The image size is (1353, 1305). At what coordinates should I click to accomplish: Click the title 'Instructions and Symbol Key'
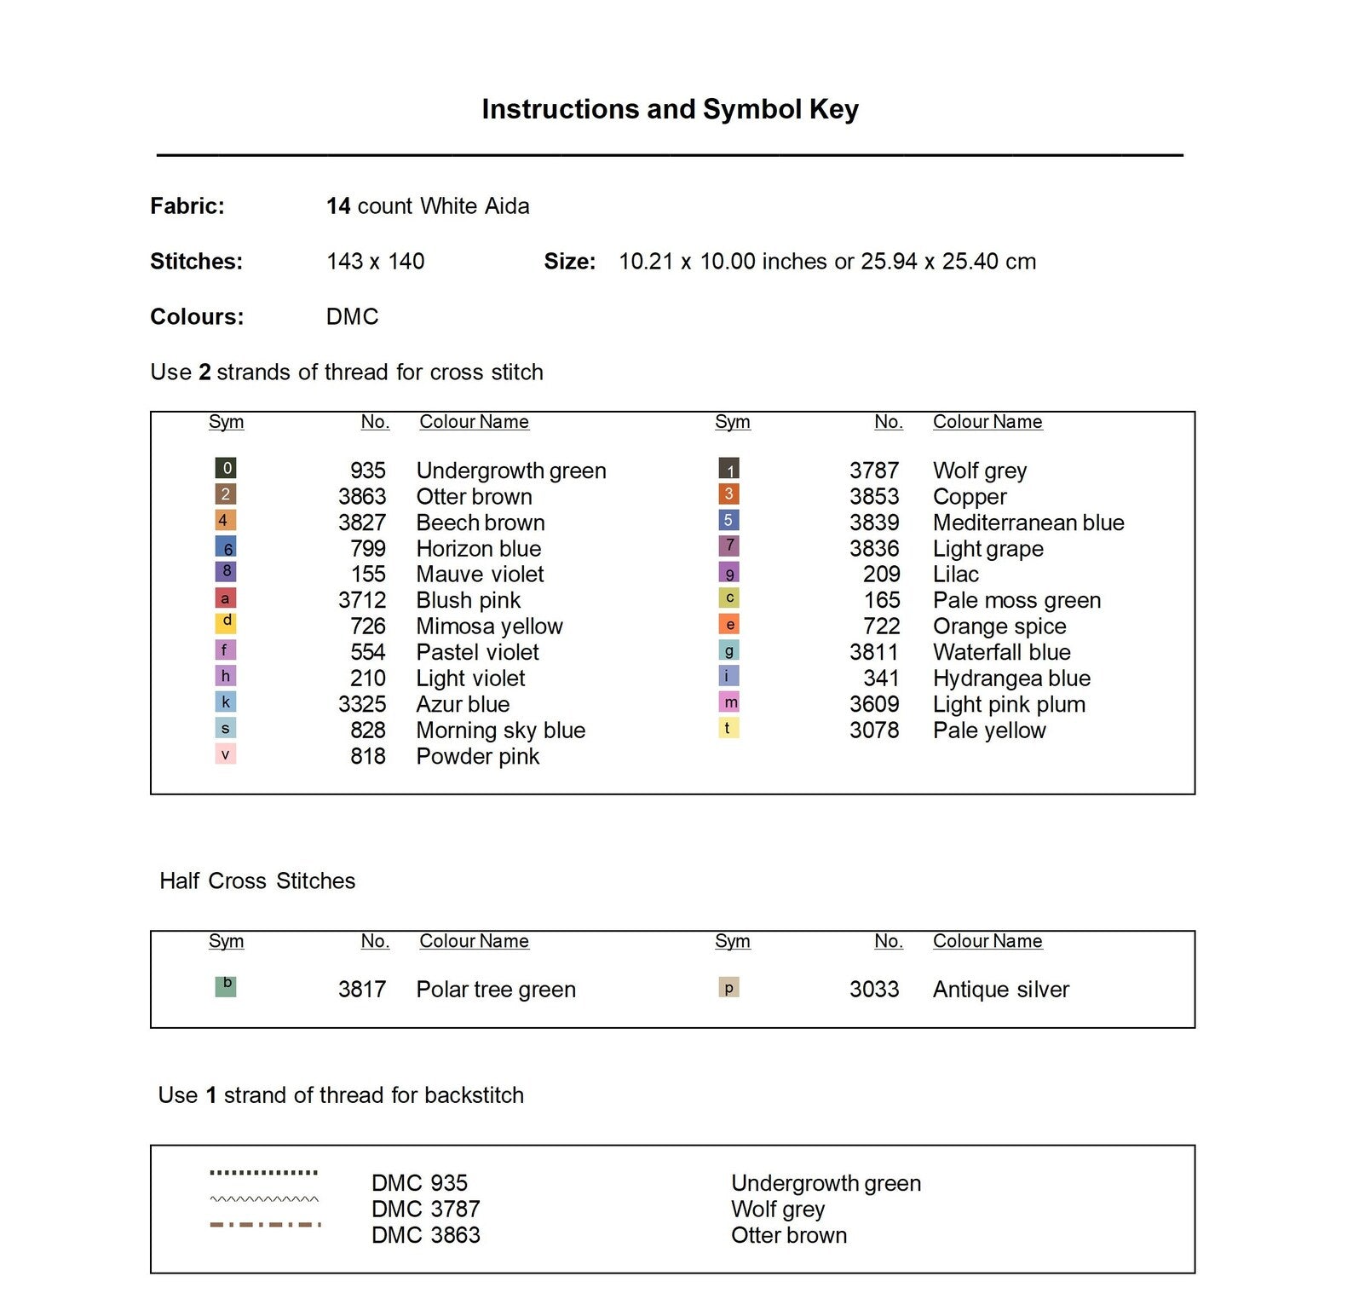[x=670, y=109]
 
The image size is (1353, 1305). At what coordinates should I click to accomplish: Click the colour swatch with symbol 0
[x=226, y=468]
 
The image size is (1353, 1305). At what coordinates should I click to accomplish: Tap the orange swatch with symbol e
[x=729, y=625]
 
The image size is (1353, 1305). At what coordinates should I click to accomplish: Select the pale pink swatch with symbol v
[x=225, y=754]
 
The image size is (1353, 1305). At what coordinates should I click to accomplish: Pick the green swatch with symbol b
[x=226, y=986]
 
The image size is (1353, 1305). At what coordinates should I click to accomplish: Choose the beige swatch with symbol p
[x=728, y=988]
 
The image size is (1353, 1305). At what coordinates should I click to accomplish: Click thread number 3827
[x=362, y=523]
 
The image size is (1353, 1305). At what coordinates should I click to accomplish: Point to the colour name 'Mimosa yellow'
[x=489, y=627]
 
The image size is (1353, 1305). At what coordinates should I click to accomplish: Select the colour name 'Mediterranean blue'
[x=1028, y=523]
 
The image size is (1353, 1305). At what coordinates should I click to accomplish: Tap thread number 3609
[x=874, y=704]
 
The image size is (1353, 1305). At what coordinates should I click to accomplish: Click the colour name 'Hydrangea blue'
[x=1011, y=678]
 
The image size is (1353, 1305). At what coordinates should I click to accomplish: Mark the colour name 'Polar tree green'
[x=496, y=990]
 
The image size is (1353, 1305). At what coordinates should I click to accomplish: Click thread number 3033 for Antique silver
[x=874, y=990]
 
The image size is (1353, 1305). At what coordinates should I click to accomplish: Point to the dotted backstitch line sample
[x=264, y=1173]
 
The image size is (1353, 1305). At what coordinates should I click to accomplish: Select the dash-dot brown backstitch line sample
[x=265, y=1225]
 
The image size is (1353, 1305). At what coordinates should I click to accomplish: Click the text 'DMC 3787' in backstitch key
[x=426, y=1209]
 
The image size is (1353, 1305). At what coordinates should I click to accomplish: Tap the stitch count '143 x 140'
[x=376, y=262]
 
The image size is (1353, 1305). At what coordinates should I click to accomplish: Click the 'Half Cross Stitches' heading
[x=257, y=881]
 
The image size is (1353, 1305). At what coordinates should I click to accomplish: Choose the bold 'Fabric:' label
[x=187, y=206]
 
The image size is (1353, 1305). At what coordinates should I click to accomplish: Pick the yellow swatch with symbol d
[x=226, y=623]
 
